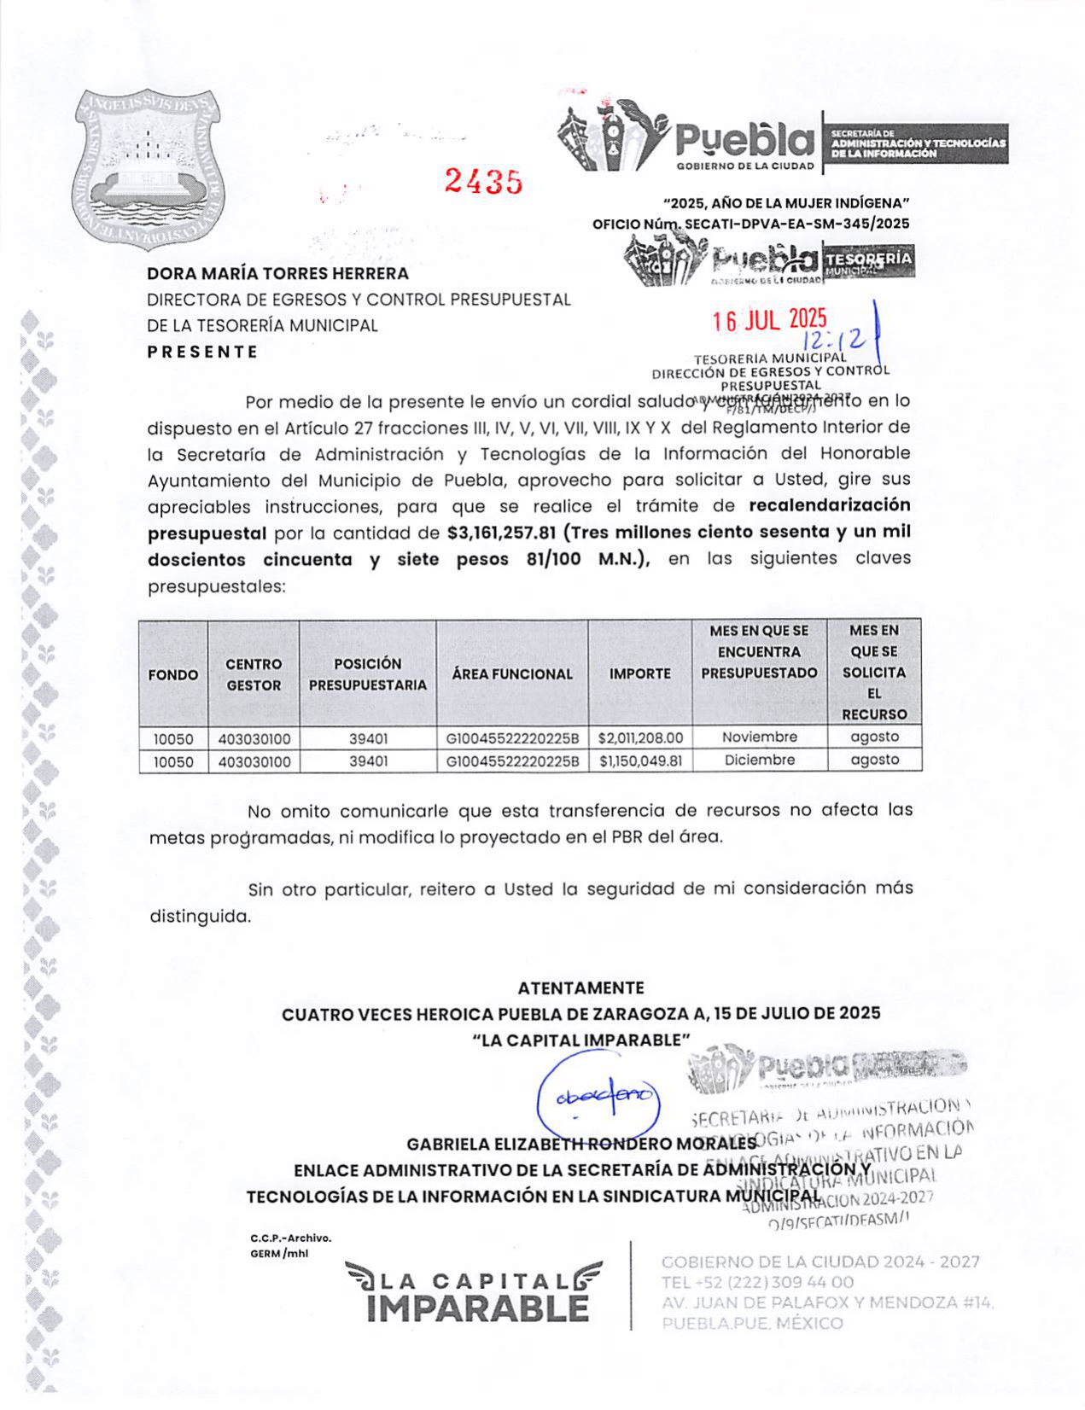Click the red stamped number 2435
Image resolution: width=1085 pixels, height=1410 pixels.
pyautogui.click(x=483, y=181)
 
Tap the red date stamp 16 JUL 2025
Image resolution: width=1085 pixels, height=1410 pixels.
pyautogui.click(x=770, y=320)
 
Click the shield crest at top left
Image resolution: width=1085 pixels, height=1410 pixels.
pyautogui.click(x=149, y=168)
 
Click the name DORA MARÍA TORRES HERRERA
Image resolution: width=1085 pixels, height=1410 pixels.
pyautogui.click(x=277, y=274)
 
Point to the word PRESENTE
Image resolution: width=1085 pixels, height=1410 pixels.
pyautogui.click(x=202, y=352)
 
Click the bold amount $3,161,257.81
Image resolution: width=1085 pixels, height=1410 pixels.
pyautogui.click(x=501, y=533)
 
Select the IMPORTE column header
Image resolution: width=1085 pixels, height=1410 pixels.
pyautogui.click(x=639, y=673)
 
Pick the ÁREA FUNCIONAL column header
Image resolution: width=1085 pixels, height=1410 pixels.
pyautogui.click(x=512, y=673)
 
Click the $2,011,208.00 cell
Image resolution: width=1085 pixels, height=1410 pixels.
pyautogui.click(x=640, y=737)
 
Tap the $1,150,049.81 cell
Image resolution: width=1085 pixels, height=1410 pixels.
pyautogui.click(x=640, y=760)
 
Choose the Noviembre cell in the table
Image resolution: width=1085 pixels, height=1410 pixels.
pyautogui.click(x=760, y=737)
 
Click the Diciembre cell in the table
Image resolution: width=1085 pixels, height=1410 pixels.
pyautogui.click(x=760, y=760)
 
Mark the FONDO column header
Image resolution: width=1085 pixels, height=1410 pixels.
pyautogui.click(x=173, y=674)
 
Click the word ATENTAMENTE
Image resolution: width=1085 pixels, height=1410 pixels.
pyautogui.click(x=580, y=988)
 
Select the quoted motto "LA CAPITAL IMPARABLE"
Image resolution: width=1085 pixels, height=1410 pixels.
pyautogui.click(x=580, y=1040)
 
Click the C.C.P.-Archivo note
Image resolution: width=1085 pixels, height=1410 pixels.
pyautogui.click(x=290, y=1238)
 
